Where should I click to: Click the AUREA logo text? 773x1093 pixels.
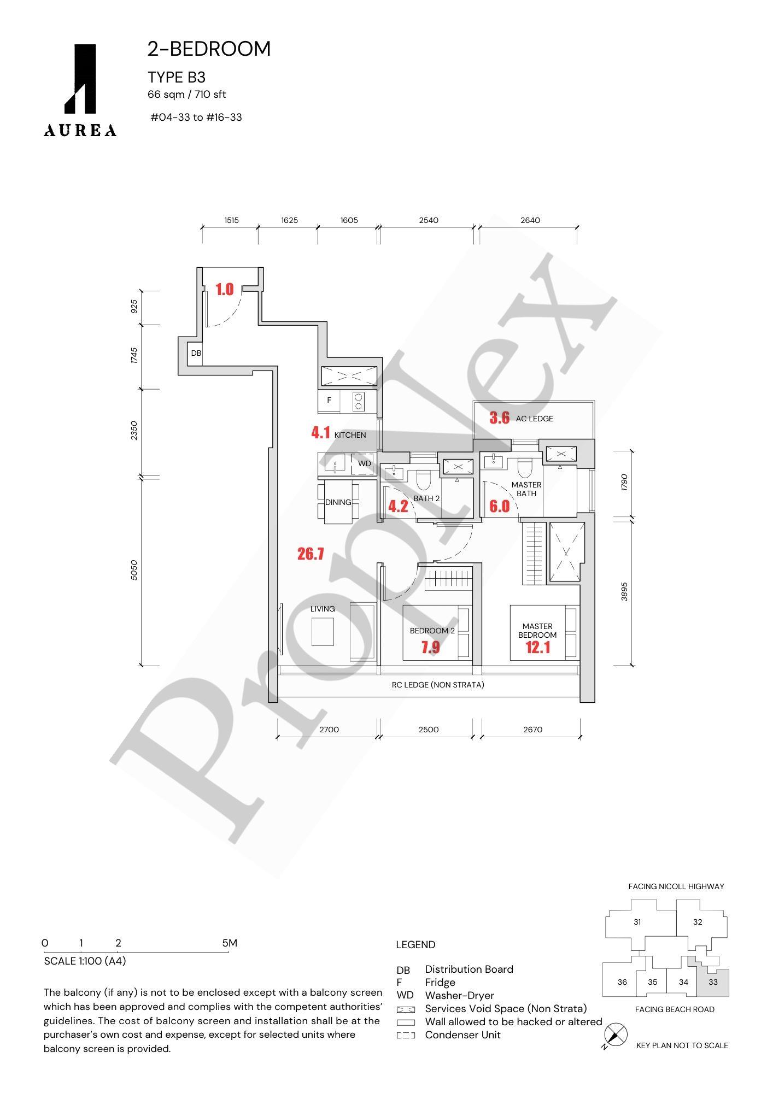tap(80, 130)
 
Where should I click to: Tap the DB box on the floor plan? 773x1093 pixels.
tap(196, 354)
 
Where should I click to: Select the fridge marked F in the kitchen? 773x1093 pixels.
tap(329, 401)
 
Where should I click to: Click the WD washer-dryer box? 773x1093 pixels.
tap(364, 464)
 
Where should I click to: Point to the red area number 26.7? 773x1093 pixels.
tap(311, 554)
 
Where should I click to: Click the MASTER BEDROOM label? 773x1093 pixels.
tap(537, 631)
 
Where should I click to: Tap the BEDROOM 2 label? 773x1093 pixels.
tap(432, 631)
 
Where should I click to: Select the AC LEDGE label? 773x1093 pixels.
tap(534, 419)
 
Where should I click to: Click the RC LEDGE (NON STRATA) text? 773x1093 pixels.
tap(438, 685)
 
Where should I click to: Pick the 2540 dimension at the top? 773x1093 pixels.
tap(429, 220)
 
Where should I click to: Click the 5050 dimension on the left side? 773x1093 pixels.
tap(134, 570)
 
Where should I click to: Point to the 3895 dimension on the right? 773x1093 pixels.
tap(625, 591)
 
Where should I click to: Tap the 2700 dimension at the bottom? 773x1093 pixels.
tap(329, 730)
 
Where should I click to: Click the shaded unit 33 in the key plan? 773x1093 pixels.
tap(713, 982)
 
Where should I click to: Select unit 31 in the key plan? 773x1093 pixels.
tap(637, 922)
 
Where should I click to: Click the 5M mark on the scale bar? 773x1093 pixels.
tap(230, 943)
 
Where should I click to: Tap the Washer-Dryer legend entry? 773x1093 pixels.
tap(459, 996)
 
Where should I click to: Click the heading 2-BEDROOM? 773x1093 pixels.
tap(209, 49)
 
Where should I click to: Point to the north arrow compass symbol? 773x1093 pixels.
tap(616, 1035)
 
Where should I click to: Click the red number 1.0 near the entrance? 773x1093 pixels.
tap(224, 290)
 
